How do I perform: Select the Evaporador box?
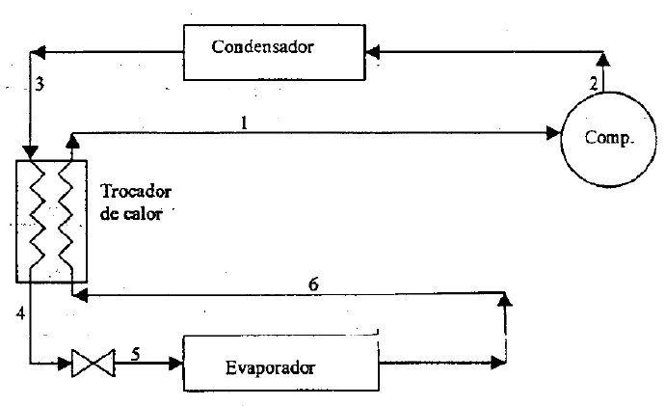coord(281,365)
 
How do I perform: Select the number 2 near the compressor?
coord(594,83)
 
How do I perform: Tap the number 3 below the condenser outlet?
coord(40,85)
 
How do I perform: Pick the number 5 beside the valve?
coord(136,353)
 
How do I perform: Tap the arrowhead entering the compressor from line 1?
coord(554,134)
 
